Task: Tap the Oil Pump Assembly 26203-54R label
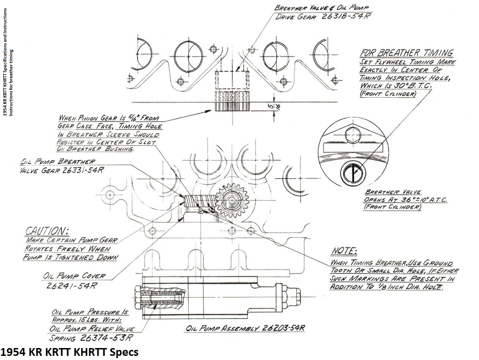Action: (x=246, y=329)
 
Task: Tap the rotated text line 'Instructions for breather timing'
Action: (x=11, y=83)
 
